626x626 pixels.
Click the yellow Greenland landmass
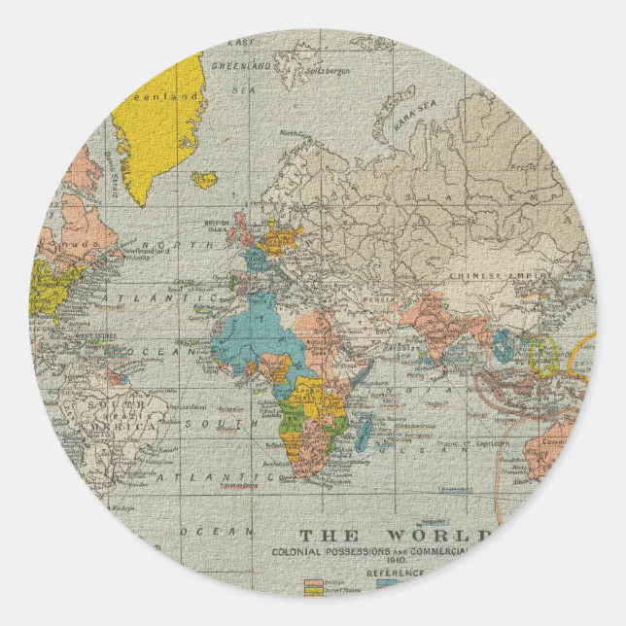[156, 117]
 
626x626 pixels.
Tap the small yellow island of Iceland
[205, 179]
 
